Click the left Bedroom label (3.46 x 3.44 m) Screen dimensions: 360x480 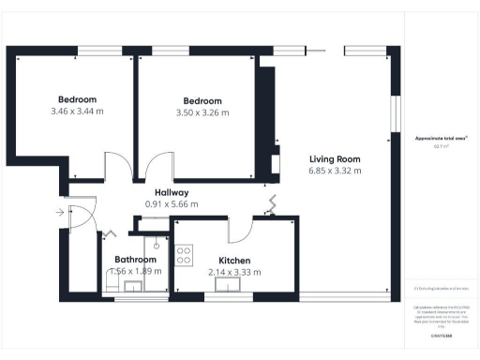coord(77,99)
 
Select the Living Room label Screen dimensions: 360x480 coord(335,158)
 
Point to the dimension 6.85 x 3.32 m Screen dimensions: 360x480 coord(335,171)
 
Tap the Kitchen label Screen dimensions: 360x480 coord(234,260)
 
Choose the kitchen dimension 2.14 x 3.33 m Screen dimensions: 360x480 coord(234,272)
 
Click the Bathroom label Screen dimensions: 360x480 coord(135,259)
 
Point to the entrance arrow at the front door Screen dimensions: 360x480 coord(61,213)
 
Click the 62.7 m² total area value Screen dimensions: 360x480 coord(442,145)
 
